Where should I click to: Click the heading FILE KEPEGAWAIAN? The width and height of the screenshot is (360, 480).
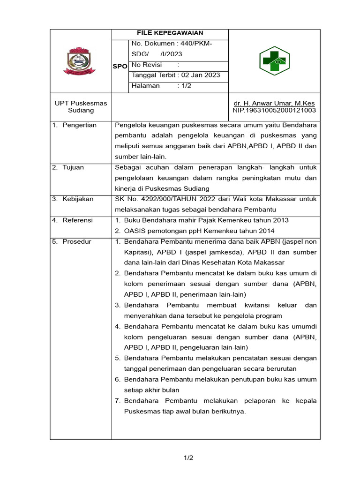click(170, 33)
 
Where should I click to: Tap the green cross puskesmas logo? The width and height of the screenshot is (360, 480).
click(275, 61)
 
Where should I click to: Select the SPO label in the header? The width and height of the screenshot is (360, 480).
click(120, 67)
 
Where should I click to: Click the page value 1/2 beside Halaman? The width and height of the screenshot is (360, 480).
click(187, 86)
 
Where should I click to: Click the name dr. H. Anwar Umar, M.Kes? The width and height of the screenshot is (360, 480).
click(274, 103)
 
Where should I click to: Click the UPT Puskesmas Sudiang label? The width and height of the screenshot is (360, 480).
click(81, 107)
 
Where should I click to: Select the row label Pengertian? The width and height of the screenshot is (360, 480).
click(80, 125)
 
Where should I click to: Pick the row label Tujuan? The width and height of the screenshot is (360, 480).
click(74, 167)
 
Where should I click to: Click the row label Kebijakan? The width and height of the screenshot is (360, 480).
click(78, 199)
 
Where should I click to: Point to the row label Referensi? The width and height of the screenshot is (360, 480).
click(78, 220)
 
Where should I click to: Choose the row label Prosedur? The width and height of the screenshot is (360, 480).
click(77, 242)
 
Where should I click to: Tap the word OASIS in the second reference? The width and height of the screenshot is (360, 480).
click(136, 231)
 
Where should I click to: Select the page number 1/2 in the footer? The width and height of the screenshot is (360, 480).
click(188, 458)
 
